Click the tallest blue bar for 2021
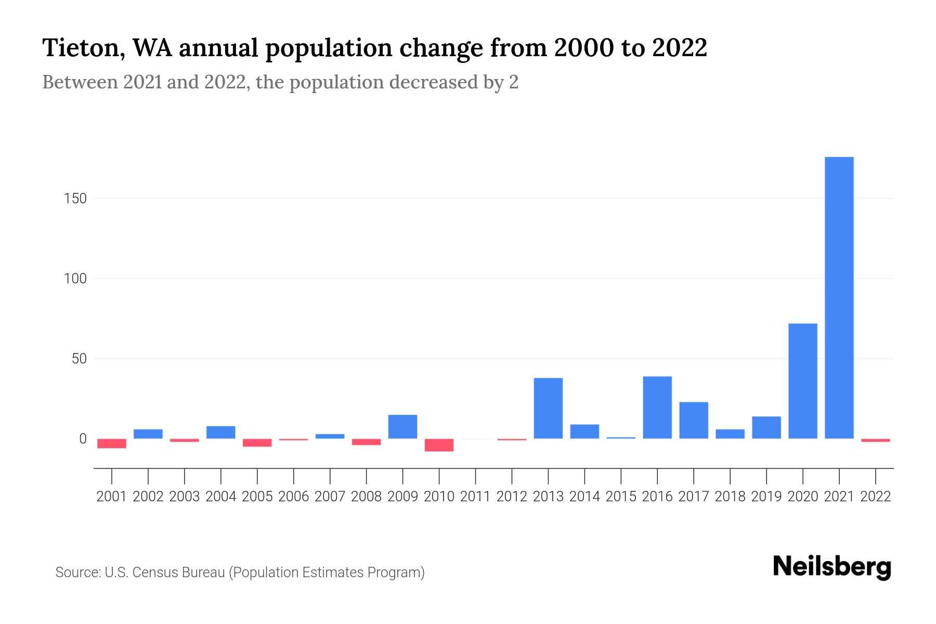839,297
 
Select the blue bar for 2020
802,381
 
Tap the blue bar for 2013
548,408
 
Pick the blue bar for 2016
657,407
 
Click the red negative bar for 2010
439,445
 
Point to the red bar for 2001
112,444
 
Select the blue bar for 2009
402,426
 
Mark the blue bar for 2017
694,420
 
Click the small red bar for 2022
875,440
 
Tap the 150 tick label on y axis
75,199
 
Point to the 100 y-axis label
75,279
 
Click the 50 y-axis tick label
79,359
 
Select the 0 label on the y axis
83,439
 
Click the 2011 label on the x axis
475,497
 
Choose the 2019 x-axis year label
766,497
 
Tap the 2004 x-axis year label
221,497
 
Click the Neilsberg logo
832,567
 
